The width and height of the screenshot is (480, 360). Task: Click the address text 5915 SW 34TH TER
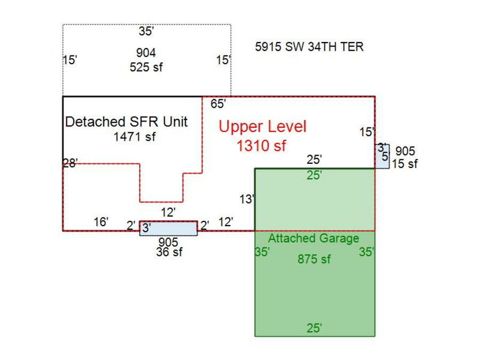(309, 47)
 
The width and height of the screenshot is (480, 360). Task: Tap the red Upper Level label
(262, 127)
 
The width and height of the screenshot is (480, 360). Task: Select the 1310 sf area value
(261, 146)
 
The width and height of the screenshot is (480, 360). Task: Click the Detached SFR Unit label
(126, 122)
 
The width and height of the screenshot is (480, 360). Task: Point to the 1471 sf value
(134, 137)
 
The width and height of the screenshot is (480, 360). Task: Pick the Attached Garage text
(314, 238)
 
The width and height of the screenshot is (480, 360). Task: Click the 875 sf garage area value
(314, 259)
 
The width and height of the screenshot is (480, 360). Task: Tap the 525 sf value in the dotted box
(146, 67)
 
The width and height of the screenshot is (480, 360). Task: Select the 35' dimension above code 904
(146, 31)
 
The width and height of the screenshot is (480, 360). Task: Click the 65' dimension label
(218, 104)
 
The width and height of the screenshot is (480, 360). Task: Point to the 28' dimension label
(70, 163)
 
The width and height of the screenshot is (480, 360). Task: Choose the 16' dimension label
(101, 222)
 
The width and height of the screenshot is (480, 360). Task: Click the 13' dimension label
(247, 199)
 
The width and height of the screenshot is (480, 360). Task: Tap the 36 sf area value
(169, 252)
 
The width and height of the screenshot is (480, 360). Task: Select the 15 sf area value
(405, 164)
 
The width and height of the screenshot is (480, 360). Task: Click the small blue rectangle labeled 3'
(168, 228)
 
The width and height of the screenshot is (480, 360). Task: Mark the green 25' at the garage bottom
(314, 329)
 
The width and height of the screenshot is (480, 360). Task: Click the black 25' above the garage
(314, 159)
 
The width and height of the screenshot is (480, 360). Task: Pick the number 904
(146, 53)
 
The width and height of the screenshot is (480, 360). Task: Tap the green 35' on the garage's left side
(262, 252)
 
